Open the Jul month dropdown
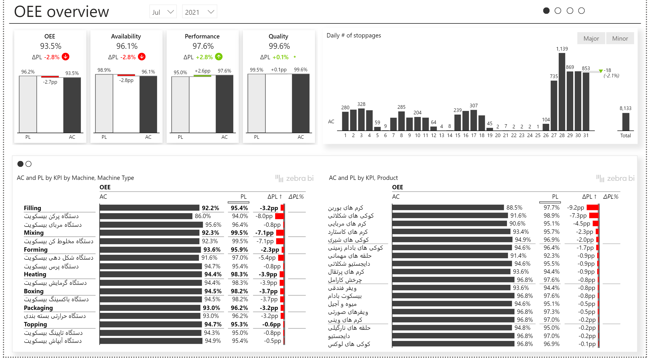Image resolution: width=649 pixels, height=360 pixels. tap(163, 12)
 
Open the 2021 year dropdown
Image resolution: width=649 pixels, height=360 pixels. tap(199, 12)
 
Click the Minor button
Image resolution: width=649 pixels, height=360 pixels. tap(620, 38)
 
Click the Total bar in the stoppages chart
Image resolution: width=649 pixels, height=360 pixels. tap(626, 122)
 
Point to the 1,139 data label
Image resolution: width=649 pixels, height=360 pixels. tap(562, 49)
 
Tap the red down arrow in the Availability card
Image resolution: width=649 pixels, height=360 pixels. tap(142, 57)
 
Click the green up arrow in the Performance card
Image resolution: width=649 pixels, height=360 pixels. tap(219, 57)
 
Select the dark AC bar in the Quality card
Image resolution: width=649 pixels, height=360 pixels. tap(301, 103)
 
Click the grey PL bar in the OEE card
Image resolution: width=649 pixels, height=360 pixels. tap(28, 104)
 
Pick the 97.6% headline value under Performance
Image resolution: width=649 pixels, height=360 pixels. tap(203, 46)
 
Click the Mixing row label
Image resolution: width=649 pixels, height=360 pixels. tap(34, 233)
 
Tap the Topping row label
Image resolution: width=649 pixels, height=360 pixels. tap(35, 324)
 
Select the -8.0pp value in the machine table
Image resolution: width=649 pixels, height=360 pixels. tap(264, 216)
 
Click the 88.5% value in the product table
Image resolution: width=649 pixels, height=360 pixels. tap(514, 207)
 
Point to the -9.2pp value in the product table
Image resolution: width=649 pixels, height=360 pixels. tap(575, 207)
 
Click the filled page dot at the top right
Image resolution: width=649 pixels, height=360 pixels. tap(546, 11)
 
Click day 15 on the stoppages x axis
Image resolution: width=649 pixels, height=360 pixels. tap(458, 135)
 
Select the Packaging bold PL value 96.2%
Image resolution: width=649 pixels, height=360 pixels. tap(239, 308)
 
